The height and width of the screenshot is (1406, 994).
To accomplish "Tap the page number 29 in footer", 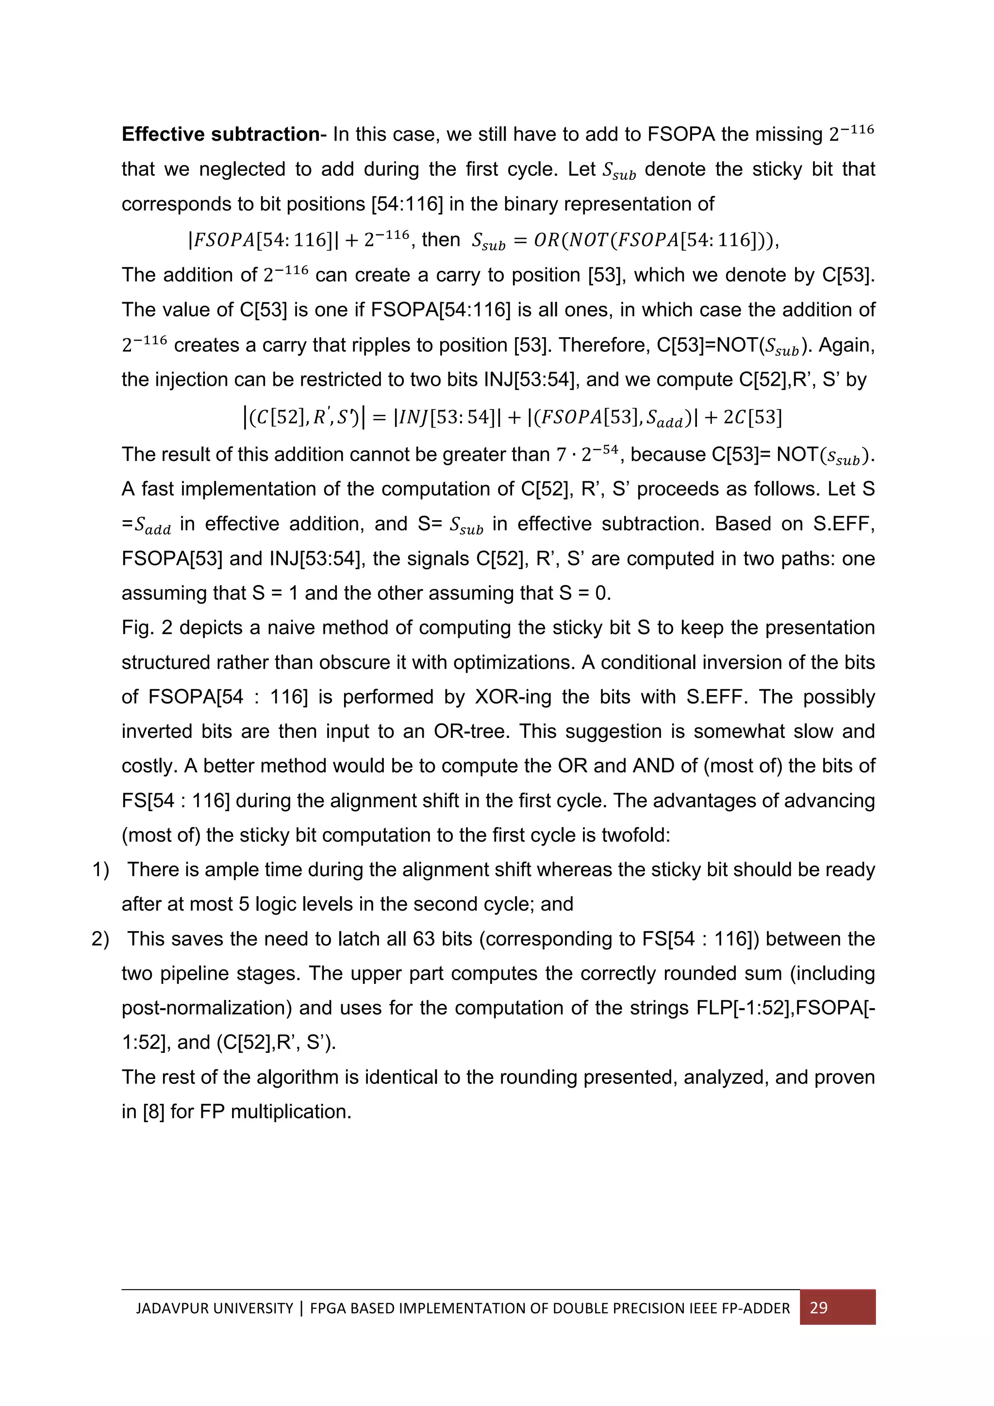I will [x=818, y=1308].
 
